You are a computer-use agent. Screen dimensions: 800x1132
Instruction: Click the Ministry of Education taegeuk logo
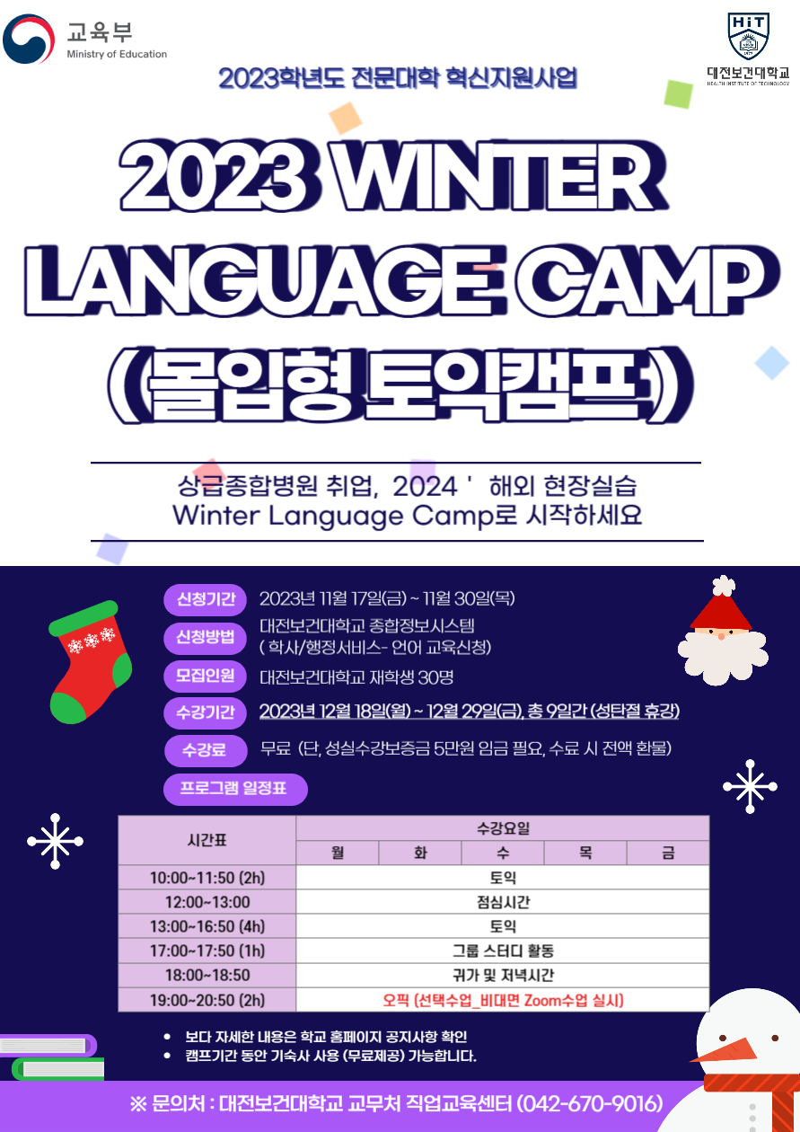click(x=29, y=40)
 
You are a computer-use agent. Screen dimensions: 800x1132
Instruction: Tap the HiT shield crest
click(x=748, y=35)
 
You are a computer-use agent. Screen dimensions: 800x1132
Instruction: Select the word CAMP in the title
click(x=647, y=280)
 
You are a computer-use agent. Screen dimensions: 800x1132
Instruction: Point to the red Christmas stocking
click(x=90, y=661)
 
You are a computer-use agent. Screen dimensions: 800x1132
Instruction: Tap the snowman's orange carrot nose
click(x=725, y=1051)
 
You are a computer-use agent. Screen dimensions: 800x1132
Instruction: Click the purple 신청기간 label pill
click(x=205, y=600)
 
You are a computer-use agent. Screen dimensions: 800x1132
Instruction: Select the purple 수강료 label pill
click(x=205, y=750)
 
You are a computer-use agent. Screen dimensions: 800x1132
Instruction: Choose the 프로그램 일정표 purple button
click(x=235, y=789)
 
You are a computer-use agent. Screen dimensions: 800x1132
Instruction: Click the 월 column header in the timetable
click(x=338, y=853)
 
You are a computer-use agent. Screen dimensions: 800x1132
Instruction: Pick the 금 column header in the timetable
click(x=668, y=853)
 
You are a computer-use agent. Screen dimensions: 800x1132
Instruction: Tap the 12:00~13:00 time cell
click(x=207, y=902)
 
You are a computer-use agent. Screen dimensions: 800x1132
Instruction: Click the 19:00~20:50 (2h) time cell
click(x=207, y=1000)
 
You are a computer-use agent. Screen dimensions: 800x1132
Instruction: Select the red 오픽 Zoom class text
click(x=503, y=1000)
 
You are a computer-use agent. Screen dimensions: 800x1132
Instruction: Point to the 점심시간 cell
click(x=503, y=902)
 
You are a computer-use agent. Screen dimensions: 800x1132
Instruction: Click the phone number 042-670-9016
click(x=590, y=1103)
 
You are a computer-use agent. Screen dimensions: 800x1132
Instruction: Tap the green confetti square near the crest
click(x=678, y=94)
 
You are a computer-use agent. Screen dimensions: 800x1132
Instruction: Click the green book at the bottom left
click(x=58, y=1069)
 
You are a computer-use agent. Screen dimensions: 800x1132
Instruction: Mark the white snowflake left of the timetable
click(x=55, y=841)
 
